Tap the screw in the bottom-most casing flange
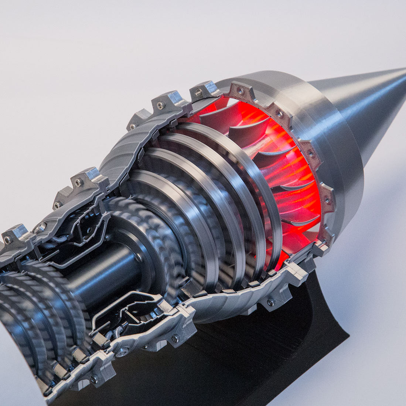pyautogui.click(x=94, y=379)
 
